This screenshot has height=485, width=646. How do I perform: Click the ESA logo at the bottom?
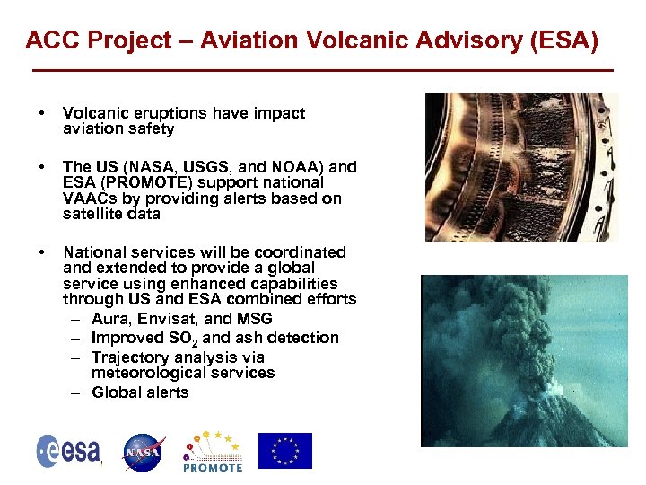coord(68,451)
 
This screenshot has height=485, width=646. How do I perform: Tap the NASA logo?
coord(144,452)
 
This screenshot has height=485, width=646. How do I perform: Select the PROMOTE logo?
coord(213,451)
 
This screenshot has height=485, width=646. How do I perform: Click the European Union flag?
coord(285,451)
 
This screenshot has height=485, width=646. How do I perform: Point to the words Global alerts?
coord(140,392)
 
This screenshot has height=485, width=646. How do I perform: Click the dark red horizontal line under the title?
coord(322,70)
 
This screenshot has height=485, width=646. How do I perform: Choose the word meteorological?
coord(149,373)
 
